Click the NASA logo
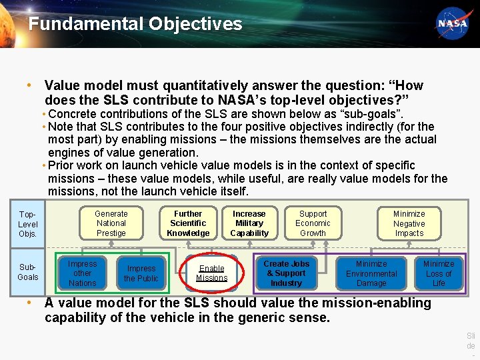tap(452, 23)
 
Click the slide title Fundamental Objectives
tap(135, 25)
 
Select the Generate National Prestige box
tap(111, 223)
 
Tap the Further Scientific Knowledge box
tap(188, 223)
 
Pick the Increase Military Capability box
tap(249, 223)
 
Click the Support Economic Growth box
tap(313, 223)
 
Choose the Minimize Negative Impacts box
tap(409, 223)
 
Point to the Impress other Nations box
tap(82, 273)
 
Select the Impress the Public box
tap(141, 273)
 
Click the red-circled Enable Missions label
tap(211, 273)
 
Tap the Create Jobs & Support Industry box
tap(287, 273)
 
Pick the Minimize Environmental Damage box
tap(371, 273)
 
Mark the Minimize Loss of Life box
tap(439, 273)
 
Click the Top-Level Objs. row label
tap(28, 224)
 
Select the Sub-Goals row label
tap(28, 272)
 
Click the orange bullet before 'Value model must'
tap(29, 86)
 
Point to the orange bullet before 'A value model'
tap(29, 303)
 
